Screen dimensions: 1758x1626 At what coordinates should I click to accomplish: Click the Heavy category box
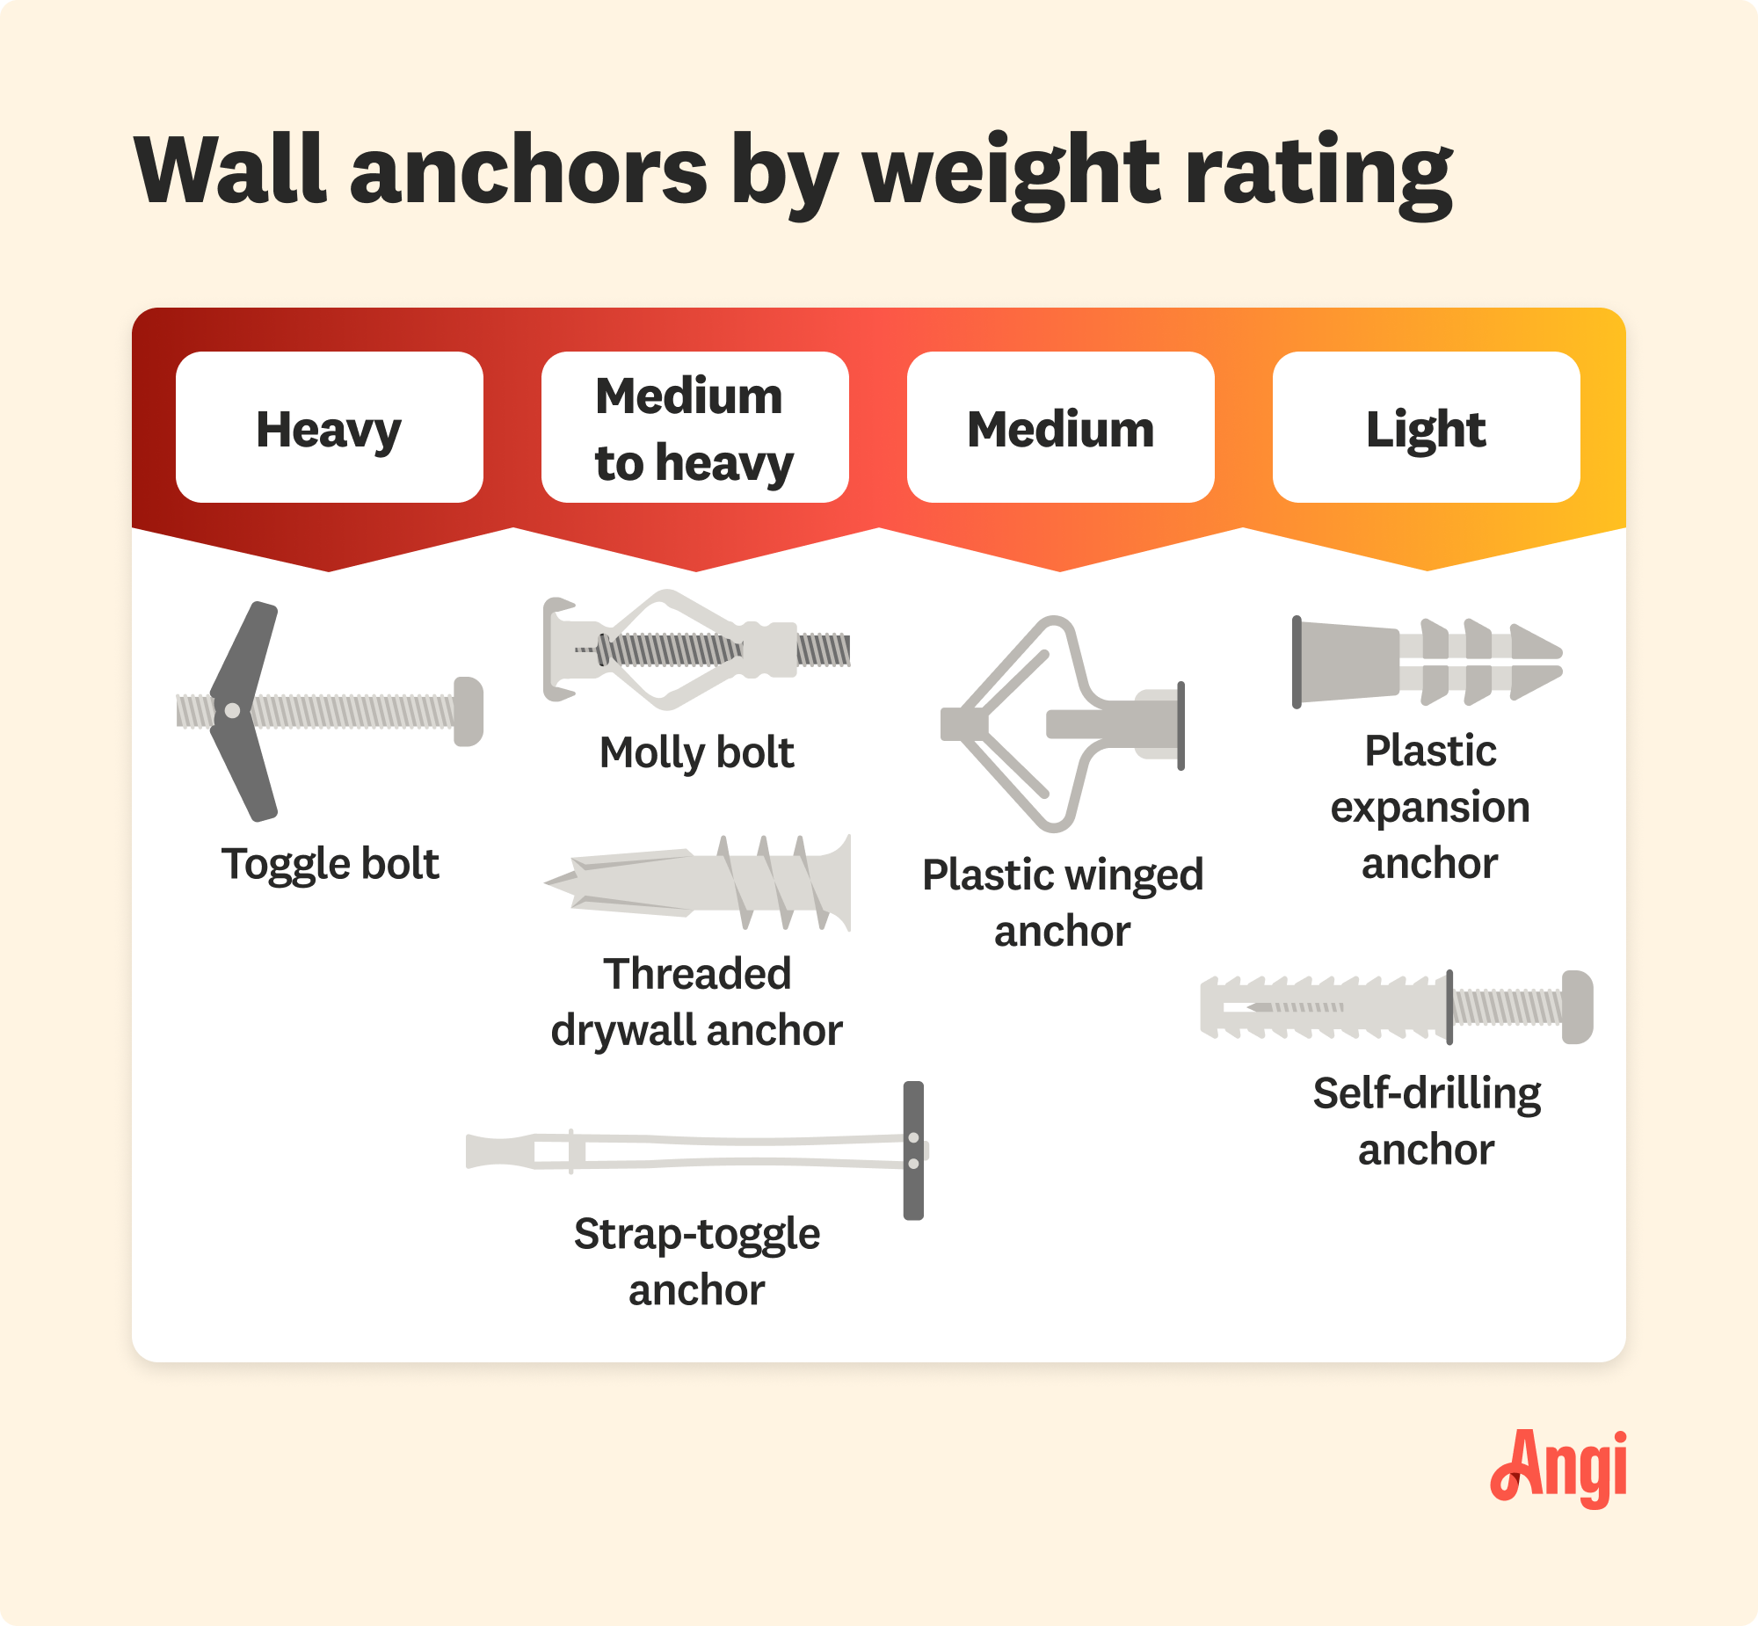point(329,428)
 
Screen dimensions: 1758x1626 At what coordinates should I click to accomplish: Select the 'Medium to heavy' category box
point(695,428)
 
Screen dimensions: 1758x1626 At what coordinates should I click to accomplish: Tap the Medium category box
point(1060,428)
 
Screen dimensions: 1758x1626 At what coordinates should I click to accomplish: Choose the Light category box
point(1427,428)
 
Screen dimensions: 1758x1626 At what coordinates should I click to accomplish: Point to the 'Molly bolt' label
point(697,752)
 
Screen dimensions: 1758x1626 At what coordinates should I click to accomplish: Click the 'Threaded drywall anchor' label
point(697,1002)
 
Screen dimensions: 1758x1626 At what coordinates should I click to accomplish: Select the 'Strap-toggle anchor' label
point(697,1262)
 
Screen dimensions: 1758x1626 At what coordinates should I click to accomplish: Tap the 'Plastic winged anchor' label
point(1063,903)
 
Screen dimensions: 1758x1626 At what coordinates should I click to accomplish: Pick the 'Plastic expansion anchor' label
point(1430,807)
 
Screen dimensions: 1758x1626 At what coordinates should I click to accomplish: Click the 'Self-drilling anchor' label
point(1427,1121)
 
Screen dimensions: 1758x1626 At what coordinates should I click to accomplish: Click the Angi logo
point(1558,1468)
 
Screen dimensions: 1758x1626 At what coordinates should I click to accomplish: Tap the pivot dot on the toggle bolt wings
point(232,711)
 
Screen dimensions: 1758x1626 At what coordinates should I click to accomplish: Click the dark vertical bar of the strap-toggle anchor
point(913,1150)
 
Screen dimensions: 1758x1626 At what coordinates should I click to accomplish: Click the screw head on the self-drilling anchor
point(1578,1007)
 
